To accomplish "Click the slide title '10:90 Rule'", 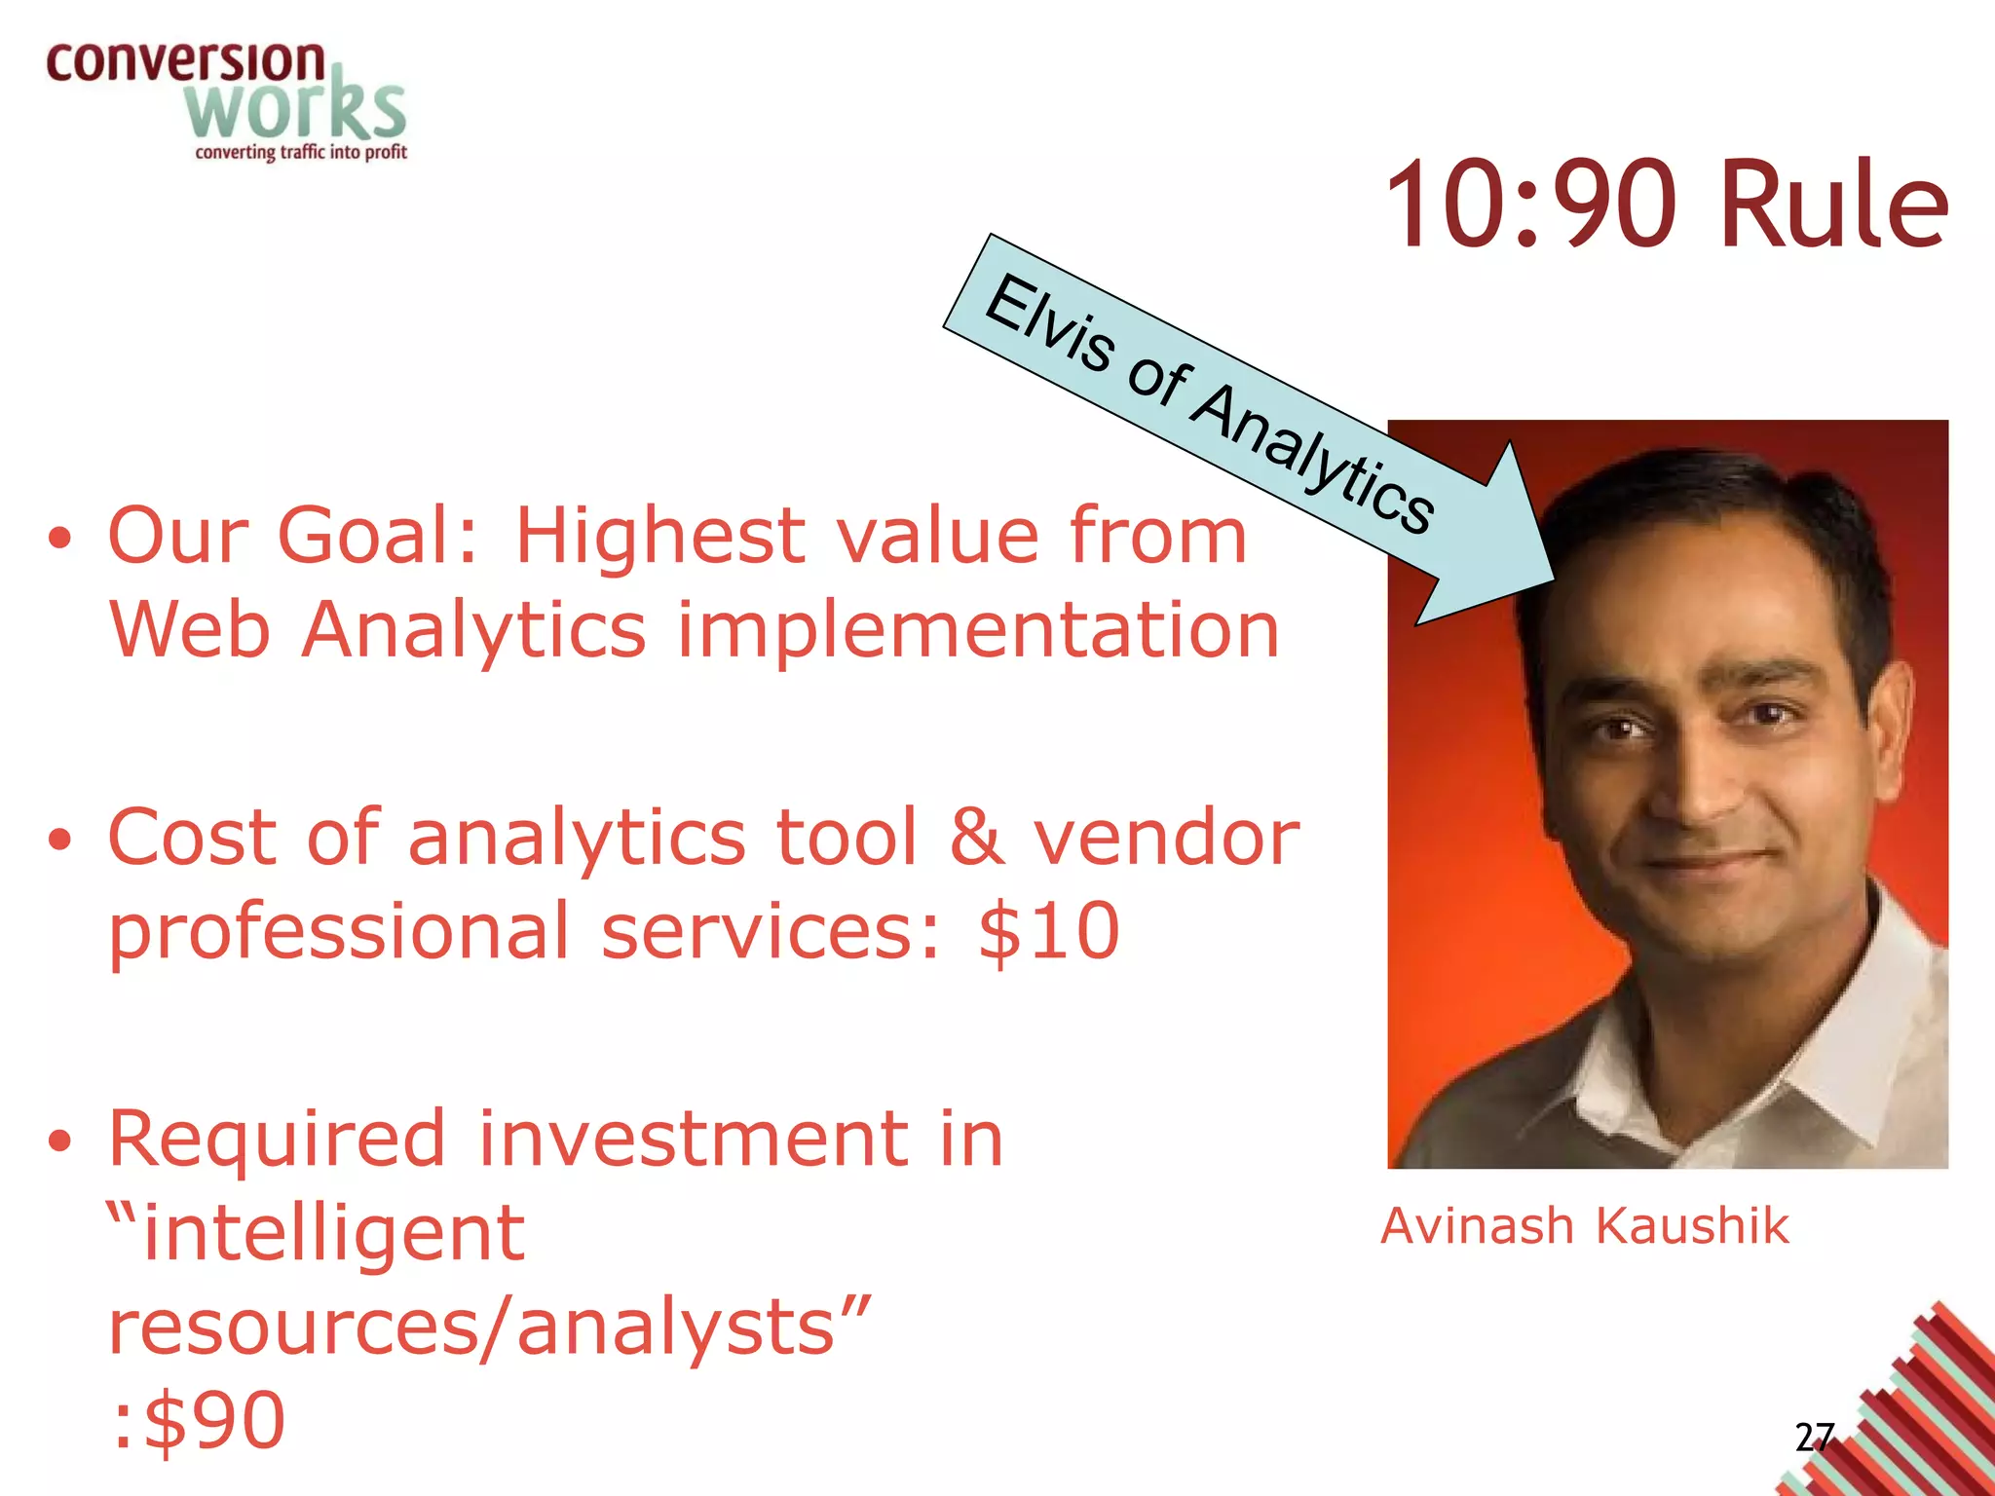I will (1666, 205).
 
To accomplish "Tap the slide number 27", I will (1814, 1438).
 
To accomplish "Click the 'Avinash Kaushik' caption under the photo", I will (1585, 1225).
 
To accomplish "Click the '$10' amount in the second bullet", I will (1049, 931).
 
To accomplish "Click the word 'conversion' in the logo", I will (185, 62).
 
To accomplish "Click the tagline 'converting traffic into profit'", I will (301, 153).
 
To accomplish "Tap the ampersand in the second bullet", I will (976, 837).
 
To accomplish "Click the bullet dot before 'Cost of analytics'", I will (60, 840).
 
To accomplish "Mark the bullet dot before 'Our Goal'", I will (60, 539).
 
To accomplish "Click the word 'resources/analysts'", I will (487, 1327).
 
